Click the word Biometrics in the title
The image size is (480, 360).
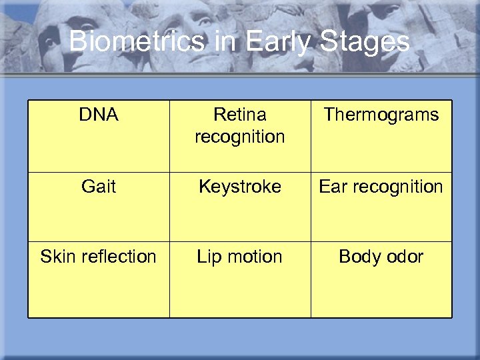pos(137,42)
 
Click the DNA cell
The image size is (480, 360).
pos(99,115)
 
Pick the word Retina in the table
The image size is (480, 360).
pos(239,115)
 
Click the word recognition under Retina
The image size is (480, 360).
pos(239,137)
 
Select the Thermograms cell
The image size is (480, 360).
pos(381,115)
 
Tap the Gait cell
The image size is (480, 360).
pos(99,187)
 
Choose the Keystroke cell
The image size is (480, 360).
pos(239,187)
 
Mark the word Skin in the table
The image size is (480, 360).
pos(55,257)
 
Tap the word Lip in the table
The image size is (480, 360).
pos(209,257)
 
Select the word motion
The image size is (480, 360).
pos(254,257)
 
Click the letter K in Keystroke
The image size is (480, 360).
pos(204,187)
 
